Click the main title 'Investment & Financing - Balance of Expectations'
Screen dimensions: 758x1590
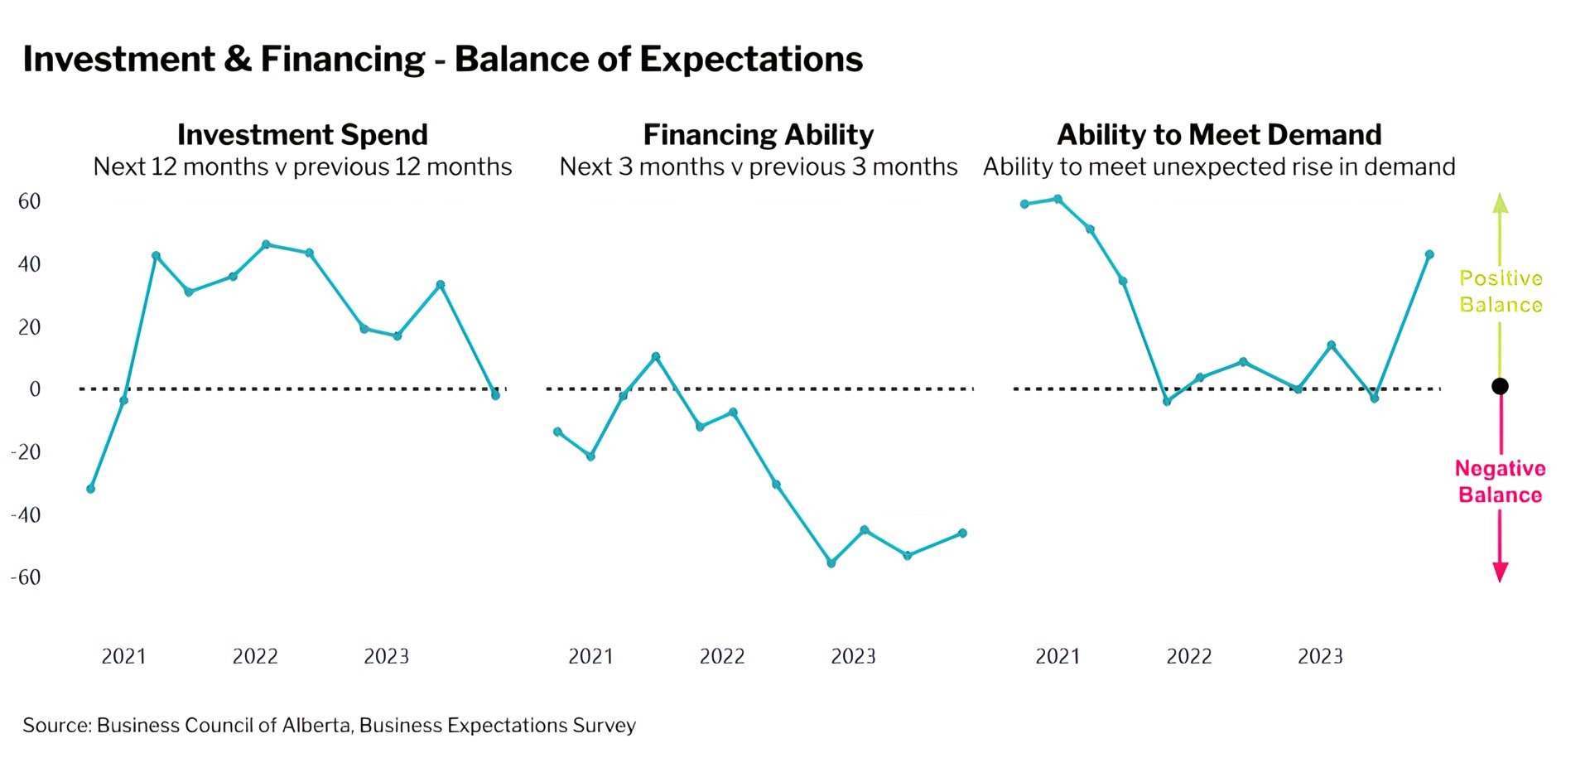(x=442, y=60)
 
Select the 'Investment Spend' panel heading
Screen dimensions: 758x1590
(x=302, y=134)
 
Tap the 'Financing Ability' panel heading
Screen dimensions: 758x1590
(x=758, y=134)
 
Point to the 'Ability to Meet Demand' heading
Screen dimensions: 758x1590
(x=1219, y=134)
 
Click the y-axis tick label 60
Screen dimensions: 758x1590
(x=29, y=201)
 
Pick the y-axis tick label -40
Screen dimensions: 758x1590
(x=26, y=514)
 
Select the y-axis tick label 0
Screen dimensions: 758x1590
(x=35, y=389)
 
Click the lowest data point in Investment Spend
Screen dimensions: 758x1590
(x=91, y=489)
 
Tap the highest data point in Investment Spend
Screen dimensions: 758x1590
(x=266, y=244)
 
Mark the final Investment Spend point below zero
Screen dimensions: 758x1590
(x=495, y=395)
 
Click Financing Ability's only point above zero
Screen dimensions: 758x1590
(x=656, y=357)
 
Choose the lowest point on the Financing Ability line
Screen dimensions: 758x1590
(x=831, y=563)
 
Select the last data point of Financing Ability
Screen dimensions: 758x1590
(x=962, y=533)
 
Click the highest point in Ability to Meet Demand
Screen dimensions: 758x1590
(x=1058, y=199)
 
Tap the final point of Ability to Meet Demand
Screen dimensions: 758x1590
(x=1429, y=254)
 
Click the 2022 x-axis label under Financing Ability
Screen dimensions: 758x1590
(x=721, y=657)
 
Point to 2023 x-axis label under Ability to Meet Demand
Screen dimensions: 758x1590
(x=1320, y=657)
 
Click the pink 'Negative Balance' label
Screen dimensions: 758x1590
(x=1500, y=481)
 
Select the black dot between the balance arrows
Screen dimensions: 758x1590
(x=1500, y=386)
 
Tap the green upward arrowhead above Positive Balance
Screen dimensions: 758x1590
(x=1500, y=203)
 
